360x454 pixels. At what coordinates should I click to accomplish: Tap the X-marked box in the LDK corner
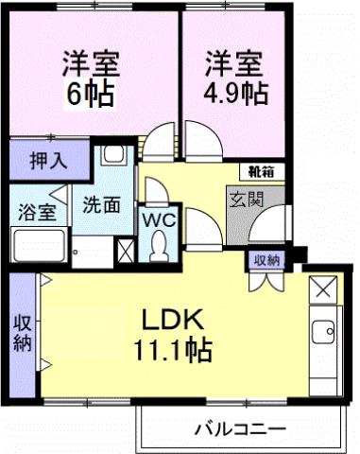point(322,288)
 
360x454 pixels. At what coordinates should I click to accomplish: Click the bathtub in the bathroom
point(37,245)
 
